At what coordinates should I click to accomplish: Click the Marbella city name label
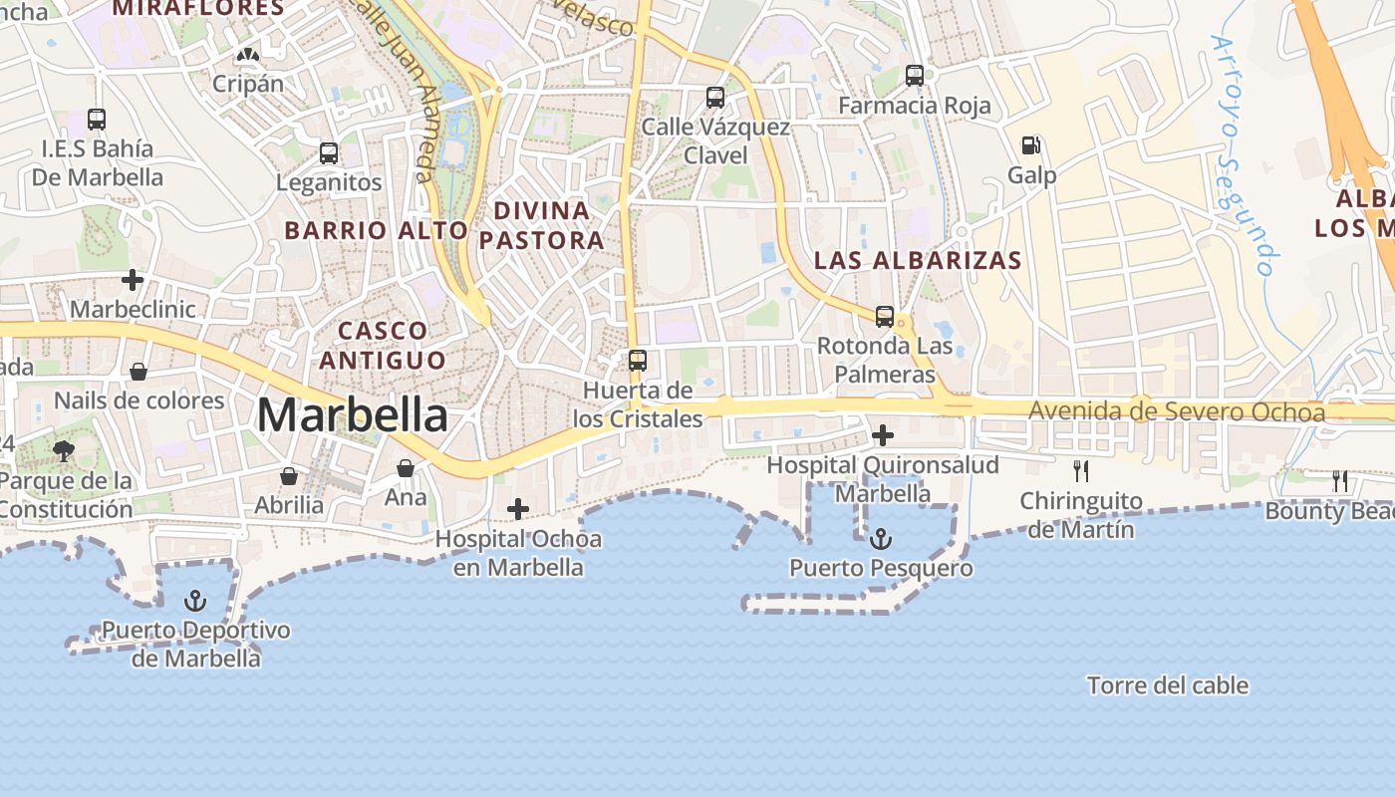(x=353, y=414)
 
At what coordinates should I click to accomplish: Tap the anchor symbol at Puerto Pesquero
(x=881, y=540)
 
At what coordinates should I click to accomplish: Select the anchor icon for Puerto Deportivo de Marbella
(x=195, y=601)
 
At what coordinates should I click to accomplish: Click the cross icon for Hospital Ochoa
(x=518, y=509)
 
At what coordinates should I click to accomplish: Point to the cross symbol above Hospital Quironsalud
(x=883, y=435)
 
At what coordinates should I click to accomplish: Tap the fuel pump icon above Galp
(x=1031, y=145)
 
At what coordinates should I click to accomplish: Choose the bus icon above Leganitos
(x=329, y=153)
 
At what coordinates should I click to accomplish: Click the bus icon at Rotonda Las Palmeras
(x=885, y=317)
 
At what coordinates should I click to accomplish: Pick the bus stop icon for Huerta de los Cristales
(x=638, y=360)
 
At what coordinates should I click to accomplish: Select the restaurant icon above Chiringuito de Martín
(x=1081, y=470)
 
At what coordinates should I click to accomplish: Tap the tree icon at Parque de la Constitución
(x=64, y=451)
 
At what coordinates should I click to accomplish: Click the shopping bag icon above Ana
(x=406, y=468)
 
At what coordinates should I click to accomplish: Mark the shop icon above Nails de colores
(x=139, y=372)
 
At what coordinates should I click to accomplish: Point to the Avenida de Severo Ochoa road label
(x=1177, y=411)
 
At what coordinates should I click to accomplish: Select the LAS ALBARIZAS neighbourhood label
(x=918, y=260)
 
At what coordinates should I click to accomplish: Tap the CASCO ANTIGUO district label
(x=383, y=345)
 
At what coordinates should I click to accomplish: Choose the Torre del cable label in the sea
(x=1168, y=685)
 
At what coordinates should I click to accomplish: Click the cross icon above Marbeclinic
(x=133, y=280)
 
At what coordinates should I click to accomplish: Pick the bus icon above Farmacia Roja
(x=915, y=75)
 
